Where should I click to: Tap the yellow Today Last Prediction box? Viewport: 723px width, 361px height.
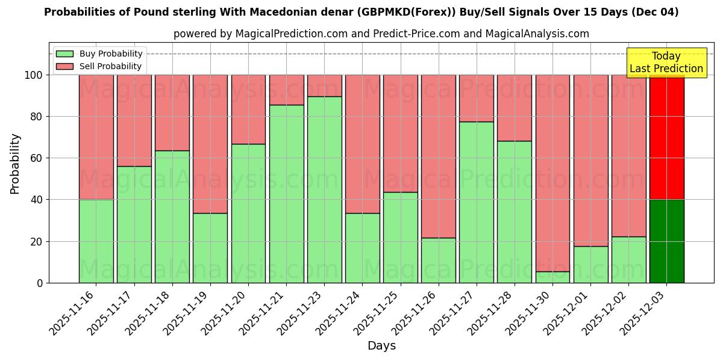[666, 63]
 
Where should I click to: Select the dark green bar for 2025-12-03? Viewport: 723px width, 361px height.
[666, 241]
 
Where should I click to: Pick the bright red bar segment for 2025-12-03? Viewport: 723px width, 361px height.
[666, 137]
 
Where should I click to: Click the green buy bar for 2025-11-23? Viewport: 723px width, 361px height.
[325, 190]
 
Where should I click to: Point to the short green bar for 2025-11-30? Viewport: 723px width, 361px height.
[553, 277]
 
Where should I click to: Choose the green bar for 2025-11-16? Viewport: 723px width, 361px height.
[96, 241]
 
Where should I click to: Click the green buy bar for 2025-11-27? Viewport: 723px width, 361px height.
[477, 202]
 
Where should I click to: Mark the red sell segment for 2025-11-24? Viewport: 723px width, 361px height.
[363, 144]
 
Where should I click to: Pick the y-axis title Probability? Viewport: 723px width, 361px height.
[15, 164]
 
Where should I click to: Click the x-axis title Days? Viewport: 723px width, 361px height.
[381, 346]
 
